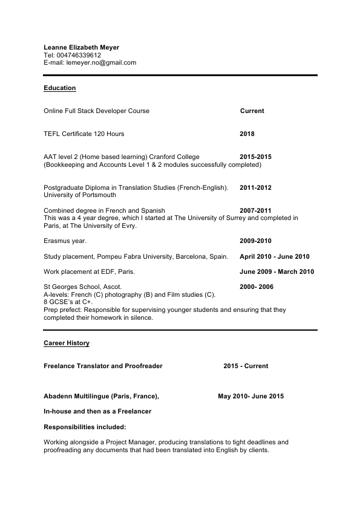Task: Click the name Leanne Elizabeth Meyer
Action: coord(82,47)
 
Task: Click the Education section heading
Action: coord(60,88)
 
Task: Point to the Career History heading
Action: coord(67,343)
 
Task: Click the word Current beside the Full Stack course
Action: coord(252,111)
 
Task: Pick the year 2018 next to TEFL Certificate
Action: coord(247,134)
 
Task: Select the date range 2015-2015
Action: coord(255,157)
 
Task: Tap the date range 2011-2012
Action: coord(255,188)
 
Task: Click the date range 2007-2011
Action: coord(255,211)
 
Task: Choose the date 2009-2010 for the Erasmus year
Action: coord(255,241)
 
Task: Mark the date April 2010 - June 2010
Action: coord(275,256)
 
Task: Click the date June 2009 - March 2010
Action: coord(277,272)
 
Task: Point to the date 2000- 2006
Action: coord(257,287)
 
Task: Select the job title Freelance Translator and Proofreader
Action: coord(103,366)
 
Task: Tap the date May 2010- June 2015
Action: coord(250,397)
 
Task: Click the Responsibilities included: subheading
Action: coord(85,427)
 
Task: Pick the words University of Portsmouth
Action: coord(80,195)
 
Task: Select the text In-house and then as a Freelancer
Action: coord(97,412)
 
